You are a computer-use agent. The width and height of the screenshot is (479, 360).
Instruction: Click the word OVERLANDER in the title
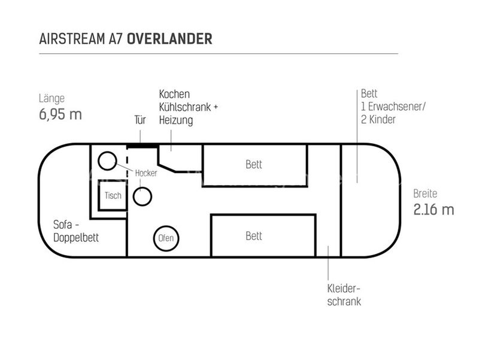pos(169,39)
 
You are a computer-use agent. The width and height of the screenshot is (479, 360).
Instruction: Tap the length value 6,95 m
pos(60,114)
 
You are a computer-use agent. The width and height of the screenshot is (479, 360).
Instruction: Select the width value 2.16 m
pos(433,210)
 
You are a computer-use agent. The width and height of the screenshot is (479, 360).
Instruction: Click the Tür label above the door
pos(140,120)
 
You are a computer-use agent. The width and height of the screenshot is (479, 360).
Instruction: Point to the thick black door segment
pos(142,146)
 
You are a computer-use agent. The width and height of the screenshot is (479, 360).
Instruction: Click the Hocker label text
pos(146,173)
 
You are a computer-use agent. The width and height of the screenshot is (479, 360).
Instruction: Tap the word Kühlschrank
pos(185,107)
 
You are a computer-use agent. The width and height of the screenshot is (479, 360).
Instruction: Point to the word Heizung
pos(176,120)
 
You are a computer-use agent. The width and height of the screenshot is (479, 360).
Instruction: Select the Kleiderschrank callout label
pos(344,295)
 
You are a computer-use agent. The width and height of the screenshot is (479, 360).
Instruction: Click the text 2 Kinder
pos(378,119)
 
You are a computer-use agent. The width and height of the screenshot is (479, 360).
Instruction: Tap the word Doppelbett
pos(76,237)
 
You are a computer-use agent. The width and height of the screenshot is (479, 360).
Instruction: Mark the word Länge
pos(51,98)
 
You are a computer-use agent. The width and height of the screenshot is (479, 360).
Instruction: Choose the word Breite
pos(425,193)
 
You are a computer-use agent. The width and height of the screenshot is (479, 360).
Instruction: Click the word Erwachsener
pos(396,107)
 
